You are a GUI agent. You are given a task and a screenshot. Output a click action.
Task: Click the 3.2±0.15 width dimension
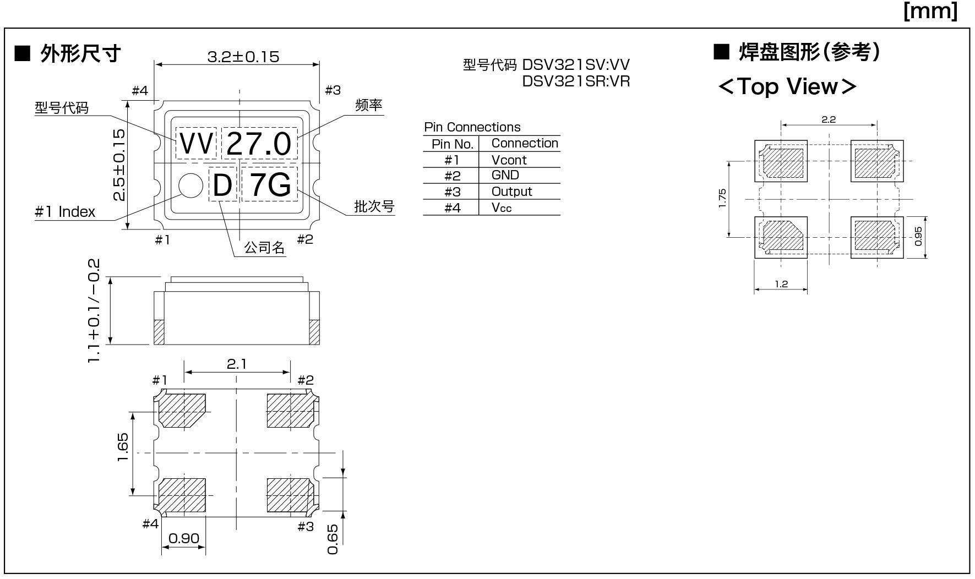click(x=243, y=57)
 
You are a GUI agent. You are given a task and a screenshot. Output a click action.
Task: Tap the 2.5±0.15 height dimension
click(x=119, y=165)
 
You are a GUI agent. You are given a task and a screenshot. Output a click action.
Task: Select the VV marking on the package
click(x=197, y=144)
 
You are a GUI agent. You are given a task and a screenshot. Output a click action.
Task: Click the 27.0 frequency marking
click(x=259, y=144)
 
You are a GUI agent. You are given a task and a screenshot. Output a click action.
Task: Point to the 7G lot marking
click(x=270, y=185)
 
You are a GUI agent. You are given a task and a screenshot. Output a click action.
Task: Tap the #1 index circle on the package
click(x=191, y=185)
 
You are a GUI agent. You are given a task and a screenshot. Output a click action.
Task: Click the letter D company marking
click(x=222, y=185)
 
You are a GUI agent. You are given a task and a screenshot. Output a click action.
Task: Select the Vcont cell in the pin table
click(x=509, y=160)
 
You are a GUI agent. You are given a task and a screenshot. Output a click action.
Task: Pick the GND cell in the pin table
click(x=505, y=175)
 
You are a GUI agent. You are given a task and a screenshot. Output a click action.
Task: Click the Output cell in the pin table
click(x=512, y=192)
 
